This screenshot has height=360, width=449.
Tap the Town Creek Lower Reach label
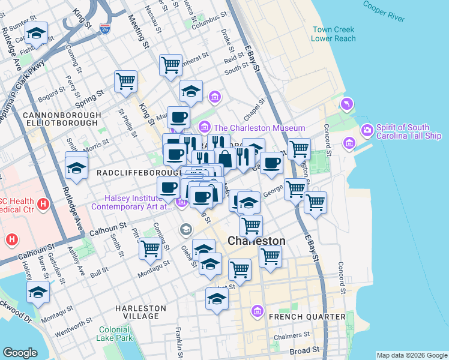[x=333, y=34]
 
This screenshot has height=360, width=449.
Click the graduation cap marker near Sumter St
[x=37, y=35]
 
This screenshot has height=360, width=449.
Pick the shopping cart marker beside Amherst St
[x=171, y=65]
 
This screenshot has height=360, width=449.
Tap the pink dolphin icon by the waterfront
[x=346, y=105]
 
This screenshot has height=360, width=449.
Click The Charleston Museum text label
[x=259, y=128]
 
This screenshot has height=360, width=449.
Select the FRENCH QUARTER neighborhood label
[x=307, y=316]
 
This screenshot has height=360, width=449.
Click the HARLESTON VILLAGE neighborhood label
[x=140, y=312]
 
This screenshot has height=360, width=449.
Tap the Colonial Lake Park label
[x=114, y=334]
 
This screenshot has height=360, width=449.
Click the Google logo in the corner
[x=20, y=353]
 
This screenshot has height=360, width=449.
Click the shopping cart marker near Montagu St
[x=150, y=248]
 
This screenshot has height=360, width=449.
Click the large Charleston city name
[x=256, y=241]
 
